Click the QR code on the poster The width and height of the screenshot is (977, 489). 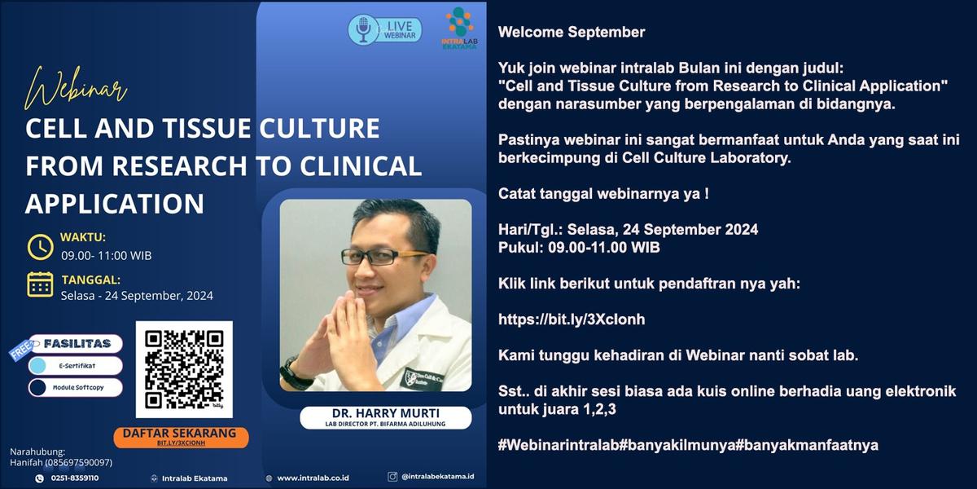(x=184, y=369)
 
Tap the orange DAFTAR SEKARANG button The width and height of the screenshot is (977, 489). (x=181, y=437)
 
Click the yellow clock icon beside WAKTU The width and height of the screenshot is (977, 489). (x=40, y=247)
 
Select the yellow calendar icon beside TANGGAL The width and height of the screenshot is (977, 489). (x=40, y=284)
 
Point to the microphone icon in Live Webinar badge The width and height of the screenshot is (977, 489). (x=363, y=30)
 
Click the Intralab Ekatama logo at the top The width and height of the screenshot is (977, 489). (x=459, y=28)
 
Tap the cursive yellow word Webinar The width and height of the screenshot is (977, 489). (x=76, y=89)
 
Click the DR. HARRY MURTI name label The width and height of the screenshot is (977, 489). (x=386, y=417)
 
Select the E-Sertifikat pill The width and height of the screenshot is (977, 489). (x=75, y=366)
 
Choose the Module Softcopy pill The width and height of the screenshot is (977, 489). (x=75, y=387)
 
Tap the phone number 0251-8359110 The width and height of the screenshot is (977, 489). (x=75, y=478)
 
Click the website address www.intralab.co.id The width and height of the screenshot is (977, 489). (x=313, y=478)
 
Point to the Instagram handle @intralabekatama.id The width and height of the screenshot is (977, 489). (x=437, y=476)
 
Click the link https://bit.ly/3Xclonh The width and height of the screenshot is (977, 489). (x=572, y=319)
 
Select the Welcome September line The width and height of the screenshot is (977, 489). (x=572, y=32)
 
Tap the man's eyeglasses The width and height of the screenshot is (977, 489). (x=383, y=257)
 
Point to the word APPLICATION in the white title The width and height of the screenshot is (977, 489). (x=115, y=204)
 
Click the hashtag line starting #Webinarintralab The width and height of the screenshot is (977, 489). (x=688, y=445)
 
